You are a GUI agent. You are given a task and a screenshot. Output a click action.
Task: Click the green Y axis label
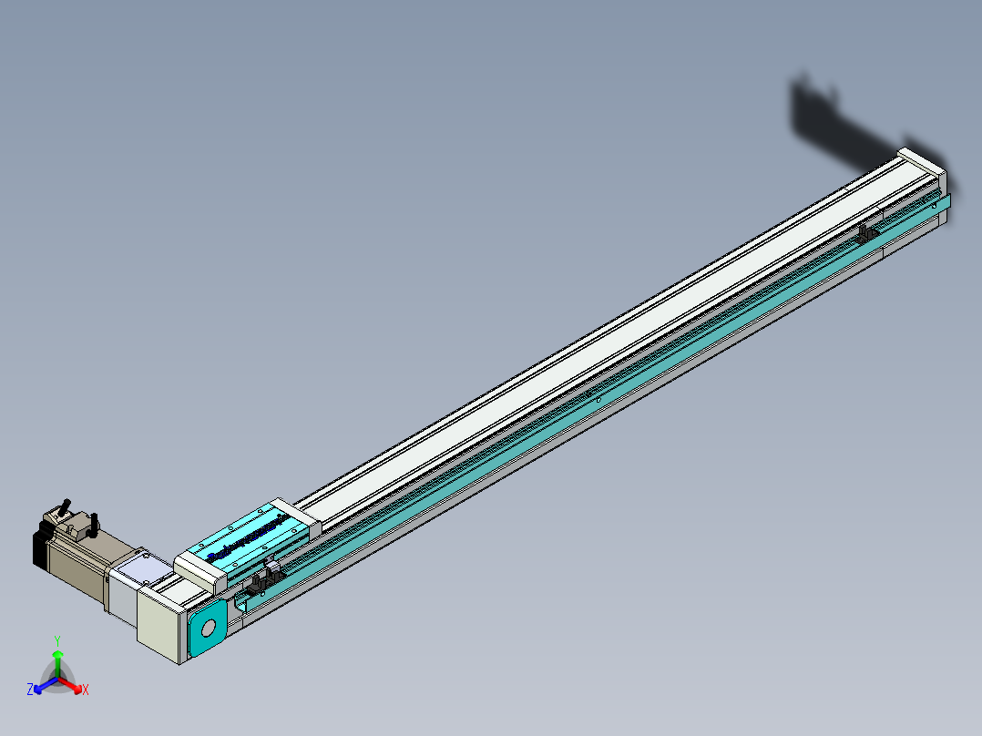56,640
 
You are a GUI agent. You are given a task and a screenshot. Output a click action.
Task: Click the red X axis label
85,690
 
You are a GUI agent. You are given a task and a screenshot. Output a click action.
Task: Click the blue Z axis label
30,690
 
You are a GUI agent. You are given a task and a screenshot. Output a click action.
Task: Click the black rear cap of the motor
39,546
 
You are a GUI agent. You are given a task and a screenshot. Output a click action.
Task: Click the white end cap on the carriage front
200,569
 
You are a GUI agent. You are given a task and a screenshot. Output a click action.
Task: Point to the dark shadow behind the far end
838,118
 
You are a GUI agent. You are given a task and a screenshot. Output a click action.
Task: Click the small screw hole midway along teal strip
597,400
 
